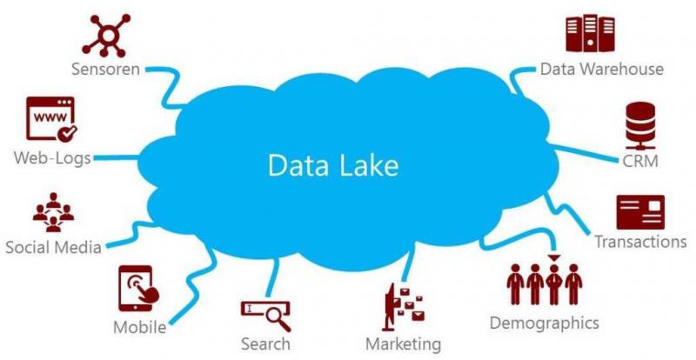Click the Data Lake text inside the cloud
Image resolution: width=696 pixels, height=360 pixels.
pyautogui.click(x=333, y=165)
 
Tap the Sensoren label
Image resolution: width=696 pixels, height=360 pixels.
pyautogui.click(x=105, y=70)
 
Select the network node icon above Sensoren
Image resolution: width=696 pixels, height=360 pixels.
pyautogui.click(x=106, y=35)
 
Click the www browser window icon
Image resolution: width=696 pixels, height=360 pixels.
pyautogui.click(x=51, y=119)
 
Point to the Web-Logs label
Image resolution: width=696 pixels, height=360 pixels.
pyautogui.click(x=52, y=158)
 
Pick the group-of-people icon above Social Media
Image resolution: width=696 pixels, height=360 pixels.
pyautogui.click(x=53, y=212)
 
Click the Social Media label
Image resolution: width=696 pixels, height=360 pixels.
pyautogui.click(x=53, y=247)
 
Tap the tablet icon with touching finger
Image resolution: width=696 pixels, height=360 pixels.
pyautogui.click(x=138, y=288)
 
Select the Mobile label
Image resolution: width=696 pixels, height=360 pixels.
pyautogui.click(x=140, y=328)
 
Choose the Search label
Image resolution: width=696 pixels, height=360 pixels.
pyautogui.click(x=266, y=343)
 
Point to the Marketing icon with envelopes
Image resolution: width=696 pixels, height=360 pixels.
pyautogui.click(x=403, y=307)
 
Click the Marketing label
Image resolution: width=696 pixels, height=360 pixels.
pyautogui.click(x=404, y=344)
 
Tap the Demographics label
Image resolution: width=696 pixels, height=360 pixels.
pyautogui.click(x=545, y=323)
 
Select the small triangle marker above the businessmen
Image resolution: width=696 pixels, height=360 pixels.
pyautogui.click(x=554, y=258)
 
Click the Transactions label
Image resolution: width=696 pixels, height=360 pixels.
pyautogui.click(x=640, y=242)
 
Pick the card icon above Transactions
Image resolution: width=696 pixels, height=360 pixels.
pyautogui.click(x=640, y=211)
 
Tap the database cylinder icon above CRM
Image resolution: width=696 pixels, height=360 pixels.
pyautogui.click(x=640, y=125)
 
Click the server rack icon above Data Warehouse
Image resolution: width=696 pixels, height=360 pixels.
pyautogui.click(x=590, y=33)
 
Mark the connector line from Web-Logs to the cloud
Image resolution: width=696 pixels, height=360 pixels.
pyautogui.click(x=117, y=157)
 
